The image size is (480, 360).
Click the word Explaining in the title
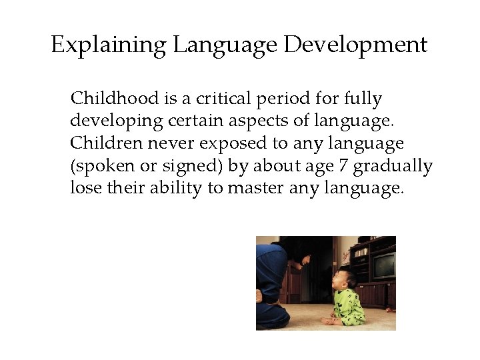tap(109, 45)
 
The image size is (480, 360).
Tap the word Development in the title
tap(355, 45)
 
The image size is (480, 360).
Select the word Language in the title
tap(225, 45)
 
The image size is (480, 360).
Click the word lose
tap(84, 188)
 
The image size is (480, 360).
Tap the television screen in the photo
tap(383, 266)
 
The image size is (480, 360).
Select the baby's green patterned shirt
tap(349, 306)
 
